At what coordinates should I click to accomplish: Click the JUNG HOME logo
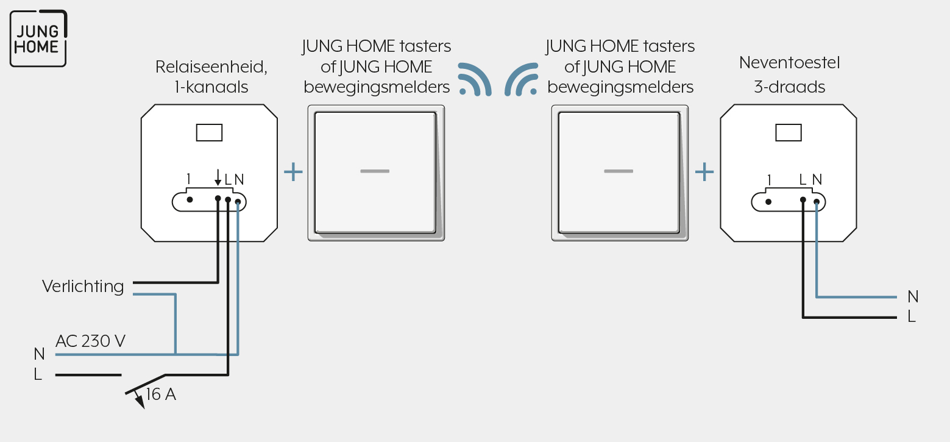(38, 38)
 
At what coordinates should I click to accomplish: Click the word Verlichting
(83, 287)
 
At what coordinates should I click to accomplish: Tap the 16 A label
(161, 394)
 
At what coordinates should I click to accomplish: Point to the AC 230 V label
(90, 341)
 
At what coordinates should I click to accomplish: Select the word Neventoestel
(789, 63)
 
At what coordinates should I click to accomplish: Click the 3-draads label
(789, 87)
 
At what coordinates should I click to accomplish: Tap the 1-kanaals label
(211, 87)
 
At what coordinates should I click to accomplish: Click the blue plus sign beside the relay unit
(293, 172)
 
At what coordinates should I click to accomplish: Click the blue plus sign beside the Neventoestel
(704, 172)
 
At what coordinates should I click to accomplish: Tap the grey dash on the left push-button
(375, 171)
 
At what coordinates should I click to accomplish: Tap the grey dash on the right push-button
(619, 171)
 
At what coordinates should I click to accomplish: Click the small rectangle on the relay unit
(210, 133)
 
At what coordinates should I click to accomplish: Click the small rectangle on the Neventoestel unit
(789, 133)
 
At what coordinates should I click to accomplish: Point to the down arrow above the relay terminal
(218, 177)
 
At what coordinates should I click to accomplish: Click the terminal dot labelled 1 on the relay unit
(190, 199)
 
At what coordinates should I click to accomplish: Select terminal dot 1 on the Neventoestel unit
(768, 202)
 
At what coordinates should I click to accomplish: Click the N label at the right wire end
(913, 297)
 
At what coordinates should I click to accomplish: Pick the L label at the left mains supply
(38, 374)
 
